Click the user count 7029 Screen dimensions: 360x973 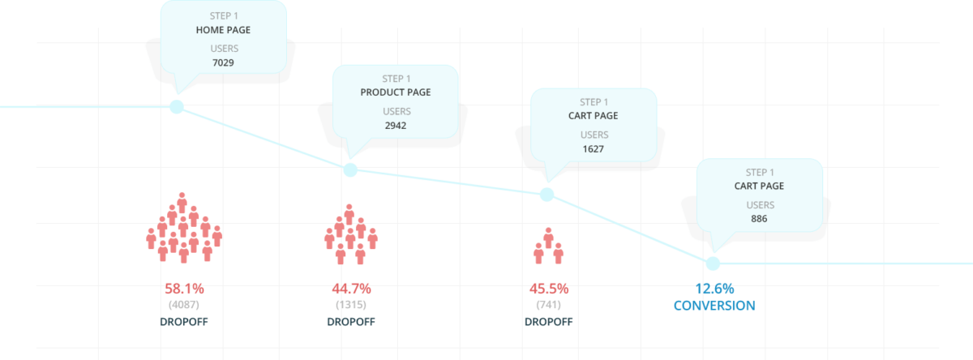(x=224, y=62)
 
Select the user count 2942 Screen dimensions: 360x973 (x=396, y=126)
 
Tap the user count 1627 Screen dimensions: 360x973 (x=593, y=149)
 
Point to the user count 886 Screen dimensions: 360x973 (x=759, y=219)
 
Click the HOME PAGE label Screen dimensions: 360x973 (x=224, y=29)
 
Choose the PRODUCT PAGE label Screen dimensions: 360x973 (x=396, y=92)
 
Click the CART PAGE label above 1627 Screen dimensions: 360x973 (x=593, y=116)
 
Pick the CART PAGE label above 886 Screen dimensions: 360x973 (x=759, y=186)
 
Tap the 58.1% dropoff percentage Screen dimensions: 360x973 (x=184, y=288)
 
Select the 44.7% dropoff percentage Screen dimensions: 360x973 (x=351, y=288)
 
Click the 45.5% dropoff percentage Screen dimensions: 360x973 (x=549, y=288)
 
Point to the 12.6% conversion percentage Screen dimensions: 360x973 (x=714, y=288)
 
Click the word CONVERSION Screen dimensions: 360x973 (x=714, y=306)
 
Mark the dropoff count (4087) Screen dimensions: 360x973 (x=184, y=305)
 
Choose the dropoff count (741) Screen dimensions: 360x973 (x=549, y=305)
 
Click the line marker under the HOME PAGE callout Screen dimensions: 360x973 (x=176, y=107)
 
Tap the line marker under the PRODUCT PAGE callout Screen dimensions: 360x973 (x=349, y=169)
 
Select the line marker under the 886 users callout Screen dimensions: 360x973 (x=713, y=263)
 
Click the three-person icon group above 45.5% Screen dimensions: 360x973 (x=548, y=246)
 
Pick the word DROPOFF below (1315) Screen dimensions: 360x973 (x=351, y=322)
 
